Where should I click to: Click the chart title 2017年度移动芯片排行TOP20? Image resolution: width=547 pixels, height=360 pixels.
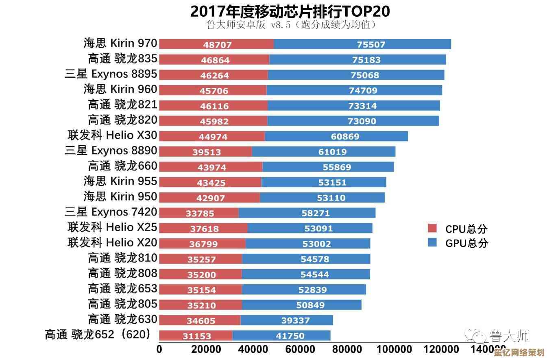(290, 11)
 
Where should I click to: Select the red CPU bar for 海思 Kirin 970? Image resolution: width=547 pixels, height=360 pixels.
(216, 44)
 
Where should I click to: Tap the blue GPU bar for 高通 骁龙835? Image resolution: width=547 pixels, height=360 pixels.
(357, 60)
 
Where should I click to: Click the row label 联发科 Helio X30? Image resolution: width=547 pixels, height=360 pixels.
(112, 135)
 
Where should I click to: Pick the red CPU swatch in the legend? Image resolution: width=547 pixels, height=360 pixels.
(432, 228)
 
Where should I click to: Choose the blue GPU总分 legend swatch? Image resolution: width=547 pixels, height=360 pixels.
(432, 243)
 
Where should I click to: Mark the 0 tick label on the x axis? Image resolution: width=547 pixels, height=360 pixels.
(159, 349)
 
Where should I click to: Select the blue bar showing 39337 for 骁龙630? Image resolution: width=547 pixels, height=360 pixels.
(286, 321)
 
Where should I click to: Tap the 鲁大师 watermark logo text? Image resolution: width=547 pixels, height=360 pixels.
(510, 336)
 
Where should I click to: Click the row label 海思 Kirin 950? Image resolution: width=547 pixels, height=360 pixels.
(120, 196)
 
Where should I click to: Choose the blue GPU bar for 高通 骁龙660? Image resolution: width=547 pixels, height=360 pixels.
(328, 167)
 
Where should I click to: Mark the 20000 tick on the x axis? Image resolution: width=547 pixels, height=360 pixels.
(206, 349)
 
